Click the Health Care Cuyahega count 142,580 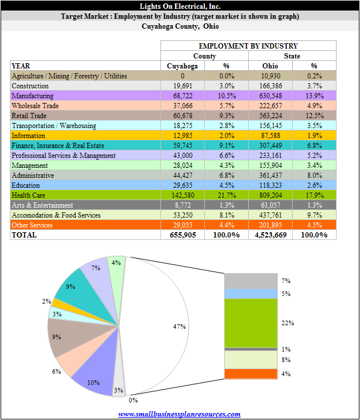pos(183,195)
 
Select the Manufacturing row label pos(32,96)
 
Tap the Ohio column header pos(270,66)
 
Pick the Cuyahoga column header pos(182,66)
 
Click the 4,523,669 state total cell pos(270,235)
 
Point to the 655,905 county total pos(183,235)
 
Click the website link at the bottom pos(179,414)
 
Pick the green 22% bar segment pos(251,323)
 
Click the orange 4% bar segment pos(251,374)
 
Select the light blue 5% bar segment pos(251,294)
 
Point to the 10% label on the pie pos(93,383)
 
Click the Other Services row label pos(32,225)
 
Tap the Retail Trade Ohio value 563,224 pos(270,116)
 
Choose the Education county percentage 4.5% pos(227,185)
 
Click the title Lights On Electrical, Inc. pos(180,6)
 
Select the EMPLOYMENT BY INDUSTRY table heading pos(248,46)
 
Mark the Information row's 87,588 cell pos(270,136)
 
